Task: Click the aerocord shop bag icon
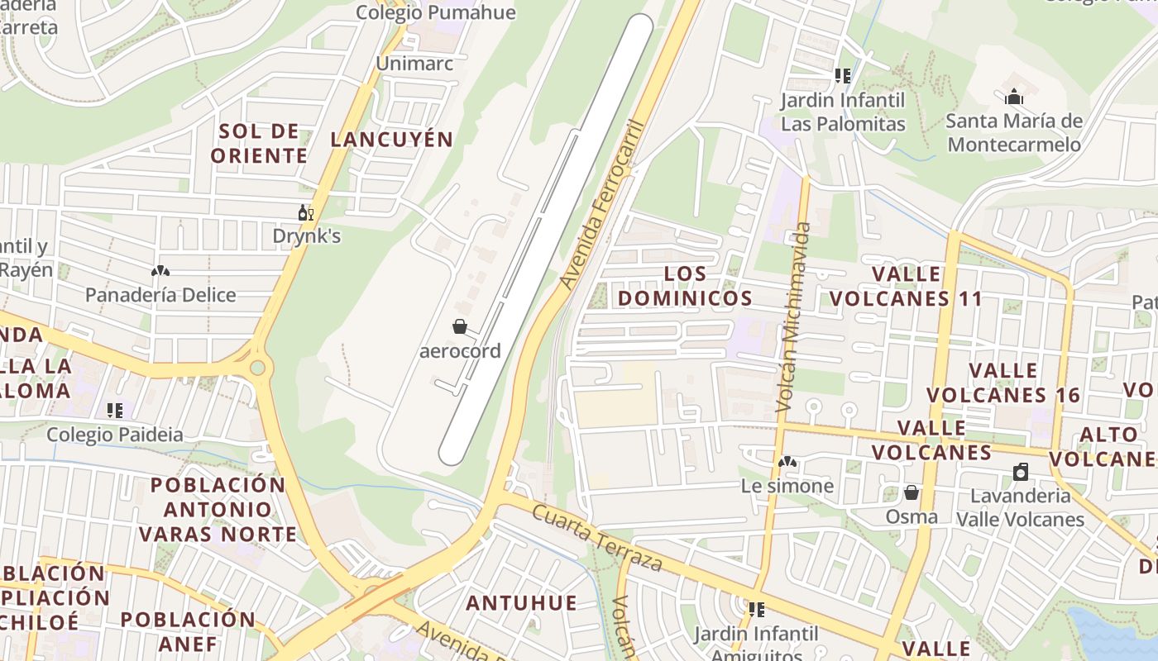[x=460, y=327]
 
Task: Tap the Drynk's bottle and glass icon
[x=306, y=213]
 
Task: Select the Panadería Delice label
[x=160, y=295]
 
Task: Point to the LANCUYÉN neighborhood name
[x=392, y=140]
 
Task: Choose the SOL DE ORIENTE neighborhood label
[x=259, y=143]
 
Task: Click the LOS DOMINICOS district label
[x=686, y=286]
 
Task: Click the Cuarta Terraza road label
[x=596, y=539]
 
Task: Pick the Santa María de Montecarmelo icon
[x=1014, y=97]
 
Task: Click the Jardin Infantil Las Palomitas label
[x=843, y=113]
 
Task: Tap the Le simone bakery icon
[x=787, y=462]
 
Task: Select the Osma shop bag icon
[x=912, y=492]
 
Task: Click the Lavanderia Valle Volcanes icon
[x=1021, y=473]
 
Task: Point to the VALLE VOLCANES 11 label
[x=906, y=286]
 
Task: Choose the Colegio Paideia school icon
[x=115, y=410]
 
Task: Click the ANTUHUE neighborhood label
[x=522, y=603]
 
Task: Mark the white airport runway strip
[x=546, y=240]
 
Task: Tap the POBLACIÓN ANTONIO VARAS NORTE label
[x=218, y=509]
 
